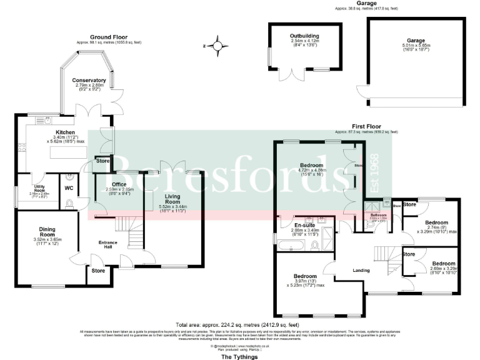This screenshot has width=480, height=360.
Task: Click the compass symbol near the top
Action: [x=217, y=46]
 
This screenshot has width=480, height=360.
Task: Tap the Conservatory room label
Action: [x=89, y=81]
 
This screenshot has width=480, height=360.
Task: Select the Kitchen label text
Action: [x=66, y=132]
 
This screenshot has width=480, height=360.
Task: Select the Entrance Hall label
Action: [x=101, y=244]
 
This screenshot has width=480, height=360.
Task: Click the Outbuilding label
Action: [x=305, y=36]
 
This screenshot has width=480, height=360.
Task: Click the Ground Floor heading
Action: [x=109, y=37]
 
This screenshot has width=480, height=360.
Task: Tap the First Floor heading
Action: [x=365, y=126]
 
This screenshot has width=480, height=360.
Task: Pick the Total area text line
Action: [x=238, y=325]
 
